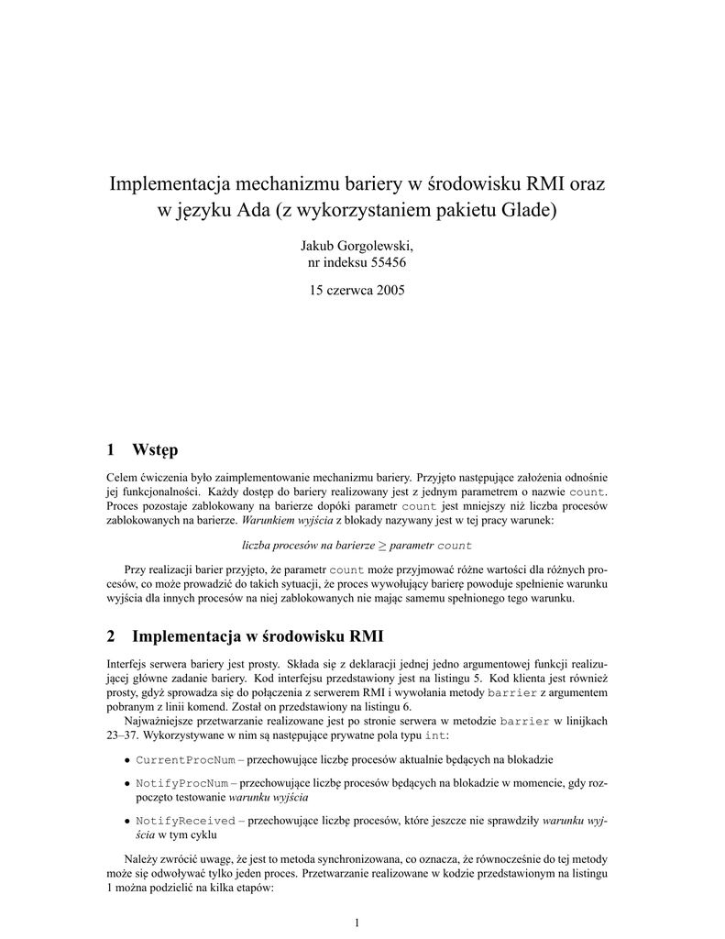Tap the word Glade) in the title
pyautogui.click(x=528, y=212)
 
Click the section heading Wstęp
pyautogui.click(x=155, y=449)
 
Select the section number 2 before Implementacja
pyautogui.click(x=111, y=635)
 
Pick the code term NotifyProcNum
pyautogui.click(x=180, y=786)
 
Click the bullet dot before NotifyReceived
pyautogui.click(x=126, y=821)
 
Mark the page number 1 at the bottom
pyautogui.click(x=357, y=921)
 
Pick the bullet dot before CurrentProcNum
pyautogui.click(x=126, y=761)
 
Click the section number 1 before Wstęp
pyautogui.click(x=111, y=449)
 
